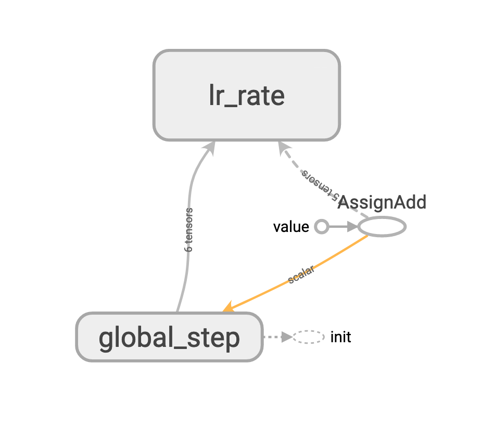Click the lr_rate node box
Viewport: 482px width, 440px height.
(x=246, y=95)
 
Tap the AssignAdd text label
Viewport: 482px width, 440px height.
(x=382, y=202)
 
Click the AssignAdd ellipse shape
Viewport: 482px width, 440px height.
(x=382, y=227)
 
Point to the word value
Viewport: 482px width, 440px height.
(x=291, y=227)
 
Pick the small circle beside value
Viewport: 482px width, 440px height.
(x=322, y=227)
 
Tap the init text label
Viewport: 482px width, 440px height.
(x=340, y=337)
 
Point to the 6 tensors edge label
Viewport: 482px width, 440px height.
(x=189, y=230)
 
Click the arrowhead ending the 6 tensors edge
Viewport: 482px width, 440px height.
(x=209, y=147)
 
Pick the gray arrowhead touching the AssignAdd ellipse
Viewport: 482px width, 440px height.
(x=352, y=227)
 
